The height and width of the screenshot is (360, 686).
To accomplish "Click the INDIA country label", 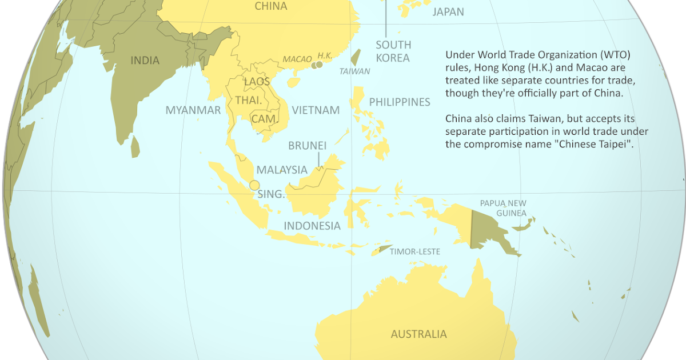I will click(145, 61).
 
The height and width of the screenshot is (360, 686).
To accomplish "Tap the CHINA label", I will click(270, 7).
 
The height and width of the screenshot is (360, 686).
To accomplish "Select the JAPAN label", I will click(448, 12).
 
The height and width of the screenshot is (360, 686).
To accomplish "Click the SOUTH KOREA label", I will click(393, 51).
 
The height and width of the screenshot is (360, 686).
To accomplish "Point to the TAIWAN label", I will click(354, 71).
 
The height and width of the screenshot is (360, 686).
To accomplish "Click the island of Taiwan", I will click(355, 57).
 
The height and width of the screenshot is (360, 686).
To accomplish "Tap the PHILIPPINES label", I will click(399, 102).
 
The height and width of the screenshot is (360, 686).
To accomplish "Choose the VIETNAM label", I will click(316, 110).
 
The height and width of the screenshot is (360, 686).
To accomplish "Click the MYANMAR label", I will click(193, 110).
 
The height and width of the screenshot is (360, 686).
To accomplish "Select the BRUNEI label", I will click(307, 146).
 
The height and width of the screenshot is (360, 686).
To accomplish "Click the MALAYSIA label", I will click(282, 170).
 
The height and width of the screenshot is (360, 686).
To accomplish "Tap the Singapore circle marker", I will click(254, 185).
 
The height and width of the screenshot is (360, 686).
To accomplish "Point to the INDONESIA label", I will click(312, 226).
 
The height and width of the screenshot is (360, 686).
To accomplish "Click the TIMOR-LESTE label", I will click(415, 251).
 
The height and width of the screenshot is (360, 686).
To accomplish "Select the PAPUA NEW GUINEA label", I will click(503, 208).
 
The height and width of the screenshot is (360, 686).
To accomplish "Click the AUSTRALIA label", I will click(418, 334).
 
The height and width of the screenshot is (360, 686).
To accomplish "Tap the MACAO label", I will click(297, 59).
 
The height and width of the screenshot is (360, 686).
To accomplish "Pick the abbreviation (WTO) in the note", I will click(613, 55).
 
